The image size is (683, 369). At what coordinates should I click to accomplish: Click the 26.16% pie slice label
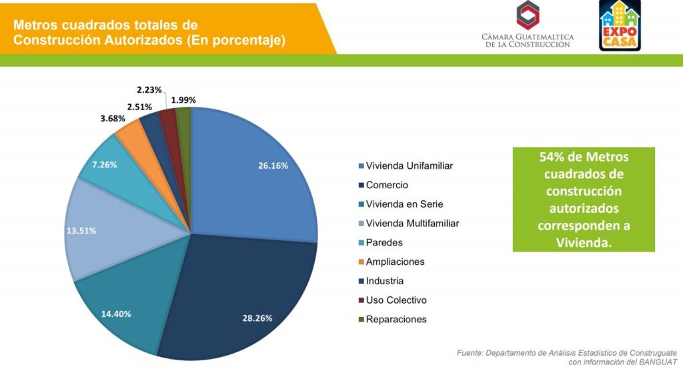[x=273, y=165]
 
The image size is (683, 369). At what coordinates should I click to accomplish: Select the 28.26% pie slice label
[x=257, y=318]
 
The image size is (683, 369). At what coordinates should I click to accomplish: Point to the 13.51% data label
[x=81, y=231]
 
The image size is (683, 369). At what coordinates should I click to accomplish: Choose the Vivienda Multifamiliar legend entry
[x=412, y=223]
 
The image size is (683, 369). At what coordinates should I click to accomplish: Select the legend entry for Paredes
[x=384, y=242]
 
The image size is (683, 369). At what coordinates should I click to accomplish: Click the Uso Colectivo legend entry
[x=396, y=300]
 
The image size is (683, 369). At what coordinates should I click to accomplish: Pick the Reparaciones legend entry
[x=396, y=319]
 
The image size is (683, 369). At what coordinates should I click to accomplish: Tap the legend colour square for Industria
[x=362, y=281]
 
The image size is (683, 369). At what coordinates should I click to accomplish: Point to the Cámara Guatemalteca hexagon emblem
[x=528, y=15]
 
